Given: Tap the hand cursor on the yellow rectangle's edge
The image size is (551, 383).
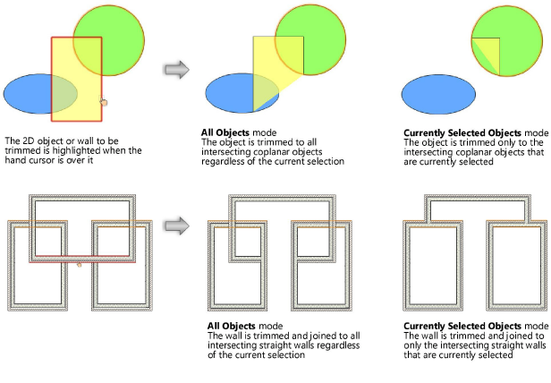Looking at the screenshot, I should click(104, 103).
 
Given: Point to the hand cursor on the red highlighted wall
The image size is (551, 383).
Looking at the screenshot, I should click(80, 264).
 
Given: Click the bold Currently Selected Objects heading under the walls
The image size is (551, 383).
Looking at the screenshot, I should click(456, 325).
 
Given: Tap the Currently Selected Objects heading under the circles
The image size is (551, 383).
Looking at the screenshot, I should click(456, 132).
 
